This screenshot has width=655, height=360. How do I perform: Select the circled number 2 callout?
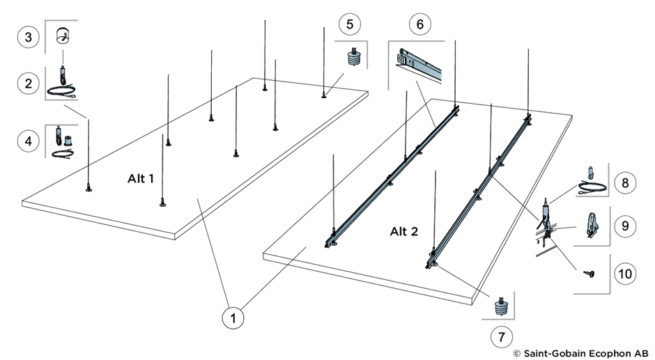(x=29, y=84)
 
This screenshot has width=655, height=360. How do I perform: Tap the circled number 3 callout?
(x=29, y=37)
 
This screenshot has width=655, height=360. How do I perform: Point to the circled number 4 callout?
(x=29, y=141)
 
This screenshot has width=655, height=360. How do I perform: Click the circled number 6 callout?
(x=419, y=24)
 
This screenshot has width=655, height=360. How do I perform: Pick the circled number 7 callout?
(x=500, y=337)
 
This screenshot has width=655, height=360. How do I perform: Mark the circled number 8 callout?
(x=625, y=182)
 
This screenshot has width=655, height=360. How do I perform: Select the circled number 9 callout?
(x=625, y=226)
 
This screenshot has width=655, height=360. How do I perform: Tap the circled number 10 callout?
(x=625, y=273)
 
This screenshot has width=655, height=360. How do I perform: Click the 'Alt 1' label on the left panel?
(x=140, y=179)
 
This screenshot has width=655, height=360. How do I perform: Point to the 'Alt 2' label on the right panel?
(x=404, y=231)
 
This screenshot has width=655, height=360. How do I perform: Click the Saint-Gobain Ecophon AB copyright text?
(x=580, y=353)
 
